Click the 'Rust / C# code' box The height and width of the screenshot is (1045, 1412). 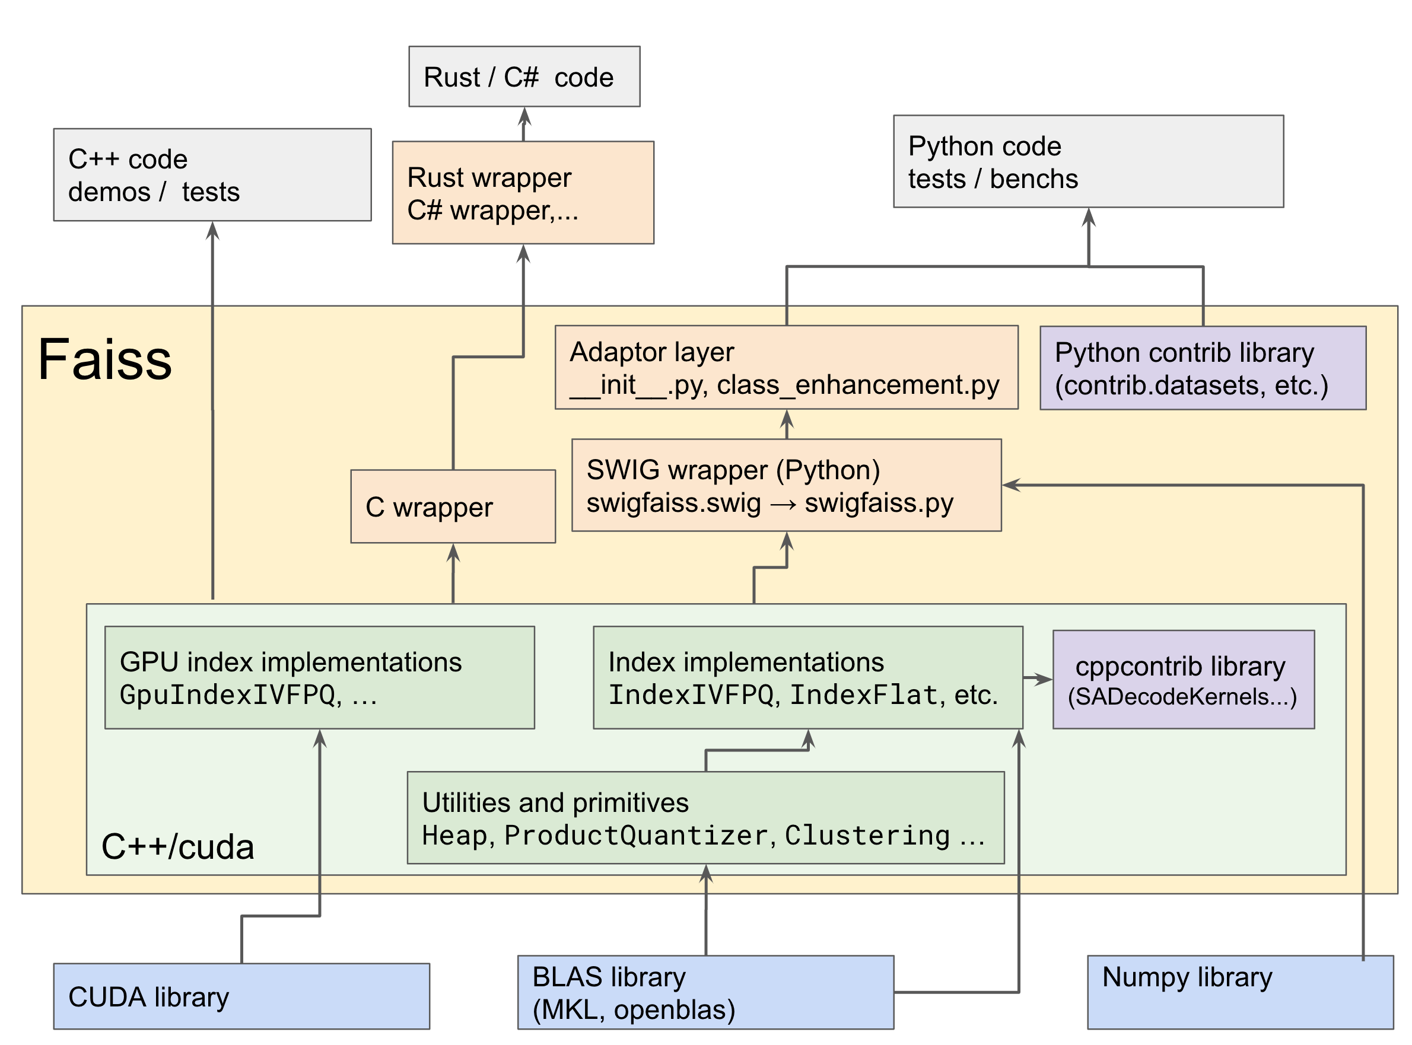(524, 77)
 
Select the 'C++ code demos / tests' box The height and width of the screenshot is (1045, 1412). (212, 175)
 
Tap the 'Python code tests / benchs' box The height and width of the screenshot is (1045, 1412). (1088, 161)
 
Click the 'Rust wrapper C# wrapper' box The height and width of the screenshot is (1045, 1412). (523, 193)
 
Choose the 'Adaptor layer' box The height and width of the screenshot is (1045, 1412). (785, 368)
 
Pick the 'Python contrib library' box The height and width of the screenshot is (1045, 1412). (1202, 368)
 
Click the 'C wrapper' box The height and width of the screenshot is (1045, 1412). (452, 506)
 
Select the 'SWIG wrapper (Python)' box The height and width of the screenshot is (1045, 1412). (785, 485)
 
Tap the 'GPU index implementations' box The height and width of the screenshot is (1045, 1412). (319, 677)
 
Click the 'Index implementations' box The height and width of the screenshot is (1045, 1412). (807, 677)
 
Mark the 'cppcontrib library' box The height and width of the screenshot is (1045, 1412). (1182, 680)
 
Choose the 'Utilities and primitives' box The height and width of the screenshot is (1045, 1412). (705, 817)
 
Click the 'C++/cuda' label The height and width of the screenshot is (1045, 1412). (178, 846)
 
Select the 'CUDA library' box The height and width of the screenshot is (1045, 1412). (241, 996)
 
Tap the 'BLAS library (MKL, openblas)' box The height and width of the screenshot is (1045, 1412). (705, 992)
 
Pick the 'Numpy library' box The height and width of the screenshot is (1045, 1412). (1239, 992)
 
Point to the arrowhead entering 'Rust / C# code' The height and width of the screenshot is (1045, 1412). (524, 116)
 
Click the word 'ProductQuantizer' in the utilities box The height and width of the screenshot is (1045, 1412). (636, 836)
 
